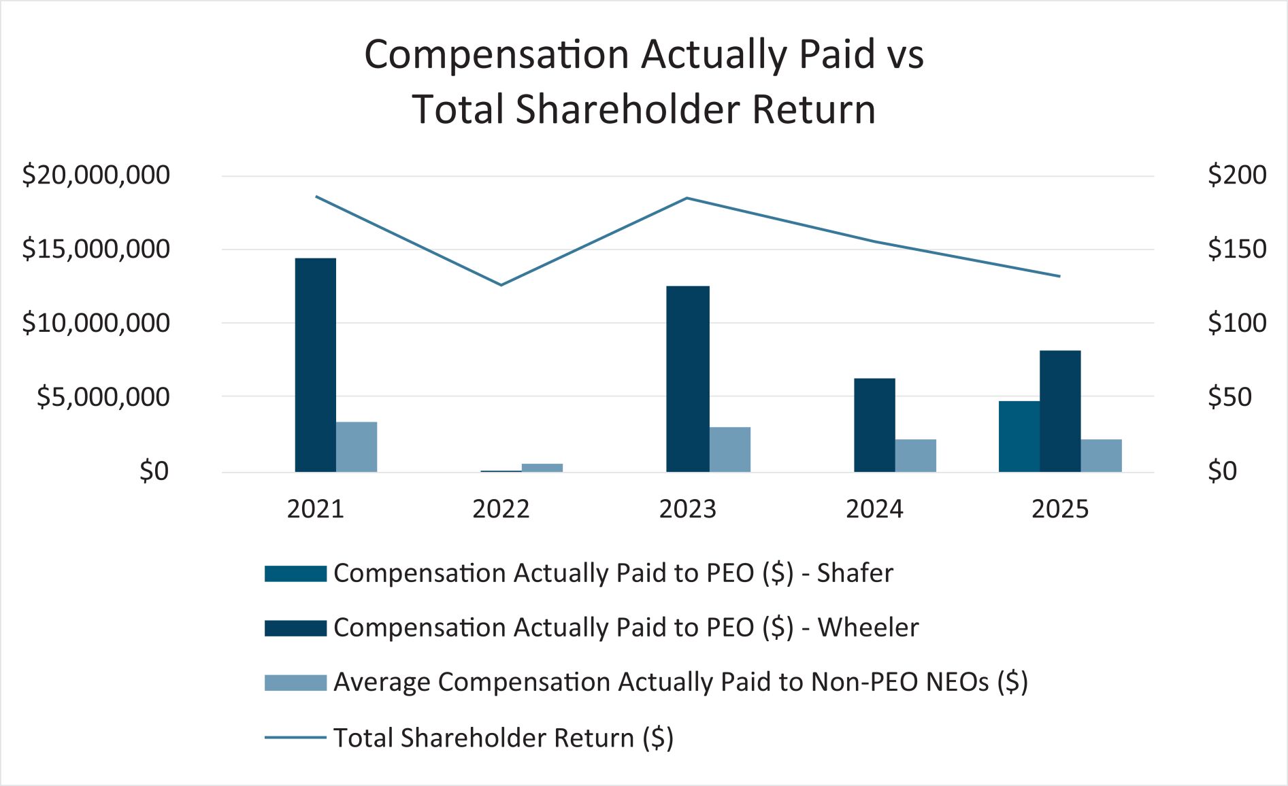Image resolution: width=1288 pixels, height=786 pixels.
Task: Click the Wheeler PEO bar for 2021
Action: coord(315,365)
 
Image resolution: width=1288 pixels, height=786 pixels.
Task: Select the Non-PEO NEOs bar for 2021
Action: coord(357,447)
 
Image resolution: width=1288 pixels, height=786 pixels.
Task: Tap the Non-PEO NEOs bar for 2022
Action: coord(542,468)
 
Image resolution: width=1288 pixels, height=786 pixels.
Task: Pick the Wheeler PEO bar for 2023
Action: coord(687,379)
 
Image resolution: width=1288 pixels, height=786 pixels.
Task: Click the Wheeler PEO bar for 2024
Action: coord(874,425)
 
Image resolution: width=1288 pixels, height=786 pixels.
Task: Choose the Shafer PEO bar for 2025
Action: coord(1019,437)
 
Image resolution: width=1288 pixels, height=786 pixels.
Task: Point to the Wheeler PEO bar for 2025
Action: coord(1060,411)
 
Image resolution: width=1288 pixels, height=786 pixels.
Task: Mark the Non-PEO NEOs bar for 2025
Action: coord(1101,456)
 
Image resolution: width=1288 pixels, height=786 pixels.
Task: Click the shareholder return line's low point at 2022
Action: coord(501,285)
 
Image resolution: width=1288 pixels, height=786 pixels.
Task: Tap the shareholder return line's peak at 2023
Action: coord(687,199)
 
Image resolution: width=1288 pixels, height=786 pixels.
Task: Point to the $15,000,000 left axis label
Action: coord(96,250)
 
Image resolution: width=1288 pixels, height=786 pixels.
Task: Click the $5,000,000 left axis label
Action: coord(103,397)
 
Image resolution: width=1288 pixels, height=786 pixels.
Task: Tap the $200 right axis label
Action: coord(1236,175)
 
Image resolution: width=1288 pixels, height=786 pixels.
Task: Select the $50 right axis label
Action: coord(1229,397)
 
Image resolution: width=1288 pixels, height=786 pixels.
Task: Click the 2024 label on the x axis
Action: coord(874,509)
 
